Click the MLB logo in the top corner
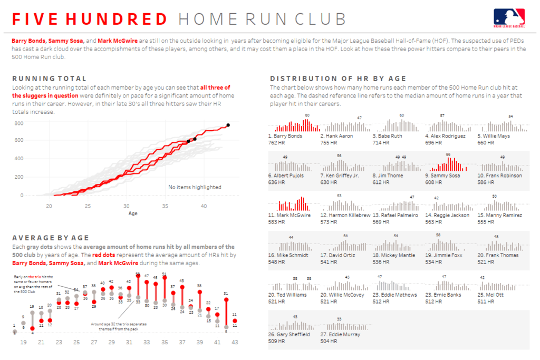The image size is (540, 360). pyautogui.click(x=509, y=17)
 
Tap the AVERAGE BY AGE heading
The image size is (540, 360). pyautogui.click(x=51, y=238)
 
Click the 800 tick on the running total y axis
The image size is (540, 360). pyautogui.click(x=18, y=123)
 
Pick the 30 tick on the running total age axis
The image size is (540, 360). pyautogui.click(x=127, y=206)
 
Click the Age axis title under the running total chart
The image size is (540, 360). pyautogui.click(x=133, y=214)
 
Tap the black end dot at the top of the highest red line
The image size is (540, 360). pyautogui.click(x=228, y=125)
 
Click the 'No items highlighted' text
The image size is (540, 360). pyautogui.click(x=195, y=187)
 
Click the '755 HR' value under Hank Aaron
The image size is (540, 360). pyautogui.click(x=330, y=143)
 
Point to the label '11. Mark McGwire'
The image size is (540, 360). pyautogui.click(x=290, y=215)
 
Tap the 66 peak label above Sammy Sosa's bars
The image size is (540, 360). pyautogui.click(x=448, y=154)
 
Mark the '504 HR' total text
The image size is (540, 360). pyautogui.click(x=330, y=341)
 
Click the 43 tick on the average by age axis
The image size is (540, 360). pyautogui.click(x=235, y=342)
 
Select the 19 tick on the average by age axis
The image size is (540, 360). pyautogui.click(x=24, y=342)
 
